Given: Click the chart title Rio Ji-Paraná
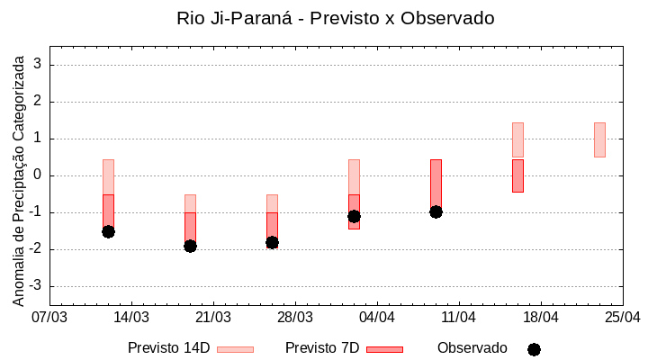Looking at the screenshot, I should tap(336, 18).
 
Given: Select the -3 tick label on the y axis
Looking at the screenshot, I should tap(37, 286).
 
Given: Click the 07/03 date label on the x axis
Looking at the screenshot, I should tap(49, 318).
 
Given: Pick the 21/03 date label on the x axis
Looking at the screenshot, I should tap(213, 318).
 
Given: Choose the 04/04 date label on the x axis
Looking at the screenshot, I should tap(377, 318).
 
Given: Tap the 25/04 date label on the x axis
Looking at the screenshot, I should tap(622, 318).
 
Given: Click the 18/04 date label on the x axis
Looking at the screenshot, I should tap(541, 318).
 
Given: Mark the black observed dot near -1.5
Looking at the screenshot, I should tap(108, 231).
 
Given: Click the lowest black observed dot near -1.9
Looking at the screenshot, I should tap(190, 246).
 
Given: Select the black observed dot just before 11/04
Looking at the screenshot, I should tap(436, 211).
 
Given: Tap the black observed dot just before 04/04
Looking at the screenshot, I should tap(354, 216).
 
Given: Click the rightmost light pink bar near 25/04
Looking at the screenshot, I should tap(599, 139).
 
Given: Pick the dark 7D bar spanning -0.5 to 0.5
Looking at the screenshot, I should tap(517, 175).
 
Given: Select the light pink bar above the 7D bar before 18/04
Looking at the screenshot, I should tap(517, 139).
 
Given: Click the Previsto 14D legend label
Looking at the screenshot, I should tap(168, 348).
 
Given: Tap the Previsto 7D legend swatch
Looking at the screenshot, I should tap(385, 349).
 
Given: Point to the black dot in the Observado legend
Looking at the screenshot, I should tap(534, 349).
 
